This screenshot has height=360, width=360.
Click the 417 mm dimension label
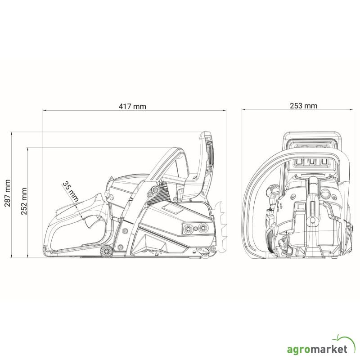click(x=132, y=106)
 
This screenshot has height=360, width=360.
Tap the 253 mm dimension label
click(x=303, y=106)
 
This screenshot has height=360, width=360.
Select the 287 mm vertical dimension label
click(x=8, y=193)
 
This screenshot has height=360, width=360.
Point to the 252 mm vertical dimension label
click(x=24, y=201)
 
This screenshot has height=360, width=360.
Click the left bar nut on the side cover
click(x=189, y=228)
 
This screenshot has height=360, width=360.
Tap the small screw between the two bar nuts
click(x=196, y=229)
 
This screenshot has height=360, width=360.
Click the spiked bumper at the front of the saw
click(x=220, y=226)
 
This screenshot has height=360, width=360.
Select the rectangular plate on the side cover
click(x=172, y=209)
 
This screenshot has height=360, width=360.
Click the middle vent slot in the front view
click(x=312, y=162)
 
